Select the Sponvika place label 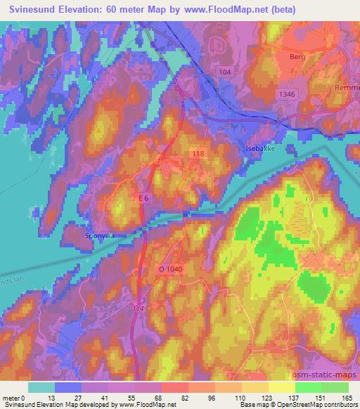coord(98,236)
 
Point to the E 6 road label coord(144,199)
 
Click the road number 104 coord(225,72)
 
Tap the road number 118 coord(198,152)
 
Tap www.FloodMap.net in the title coord(234,10)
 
